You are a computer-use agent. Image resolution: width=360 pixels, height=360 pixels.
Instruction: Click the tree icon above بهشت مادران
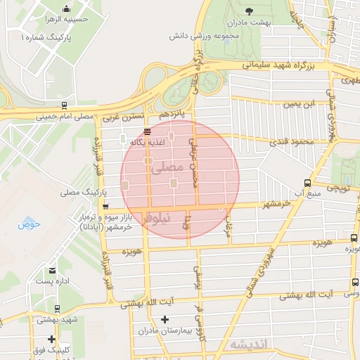coord(249,10)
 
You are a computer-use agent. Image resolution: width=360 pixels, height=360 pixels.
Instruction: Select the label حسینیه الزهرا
coord(65,20)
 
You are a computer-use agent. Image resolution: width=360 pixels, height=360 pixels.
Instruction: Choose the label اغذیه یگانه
coord(147,142)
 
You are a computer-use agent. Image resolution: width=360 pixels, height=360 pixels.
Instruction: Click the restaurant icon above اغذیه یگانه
coord(147,131)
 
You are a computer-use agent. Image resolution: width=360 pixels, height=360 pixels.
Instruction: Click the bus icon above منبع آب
coord(306,181)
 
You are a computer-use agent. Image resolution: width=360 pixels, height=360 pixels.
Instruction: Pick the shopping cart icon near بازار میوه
coord(105,207)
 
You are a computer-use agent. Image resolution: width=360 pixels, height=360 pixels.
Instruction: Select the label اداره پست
coord(53,281)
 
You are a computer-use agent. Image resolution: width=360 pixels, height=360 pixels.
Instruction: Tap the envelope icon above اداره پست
coord(53,271)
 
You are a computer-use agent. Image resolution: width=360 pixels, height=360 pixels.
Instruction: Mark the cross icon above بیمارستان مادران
coord(165,319)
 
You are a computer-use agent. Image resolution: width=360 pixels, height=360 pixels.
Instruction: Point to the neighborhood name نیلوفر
coord(156,219)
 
